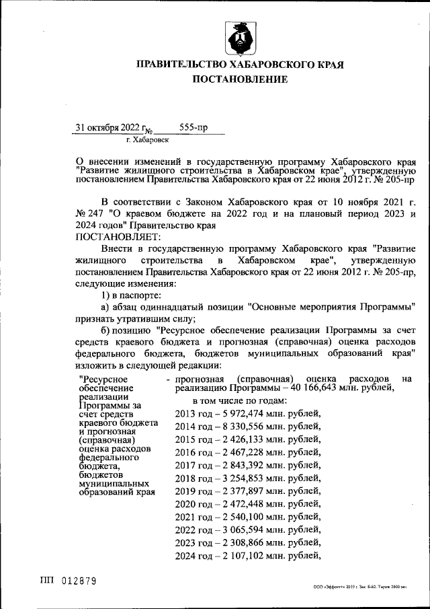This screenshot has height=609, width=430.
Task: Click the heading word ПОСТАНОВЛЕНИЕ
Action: (x=240, y=79)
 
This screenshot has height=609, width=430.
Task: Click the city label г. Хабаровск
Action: (x=147, y=140)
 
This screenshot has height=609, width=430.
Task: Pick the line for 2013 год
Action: (x=247, y=414)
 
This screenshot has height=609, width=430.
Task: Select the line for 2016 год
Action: (x=247, y=452)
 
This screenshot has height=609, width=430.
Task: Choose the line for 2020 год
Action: (x=247, y=504)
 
